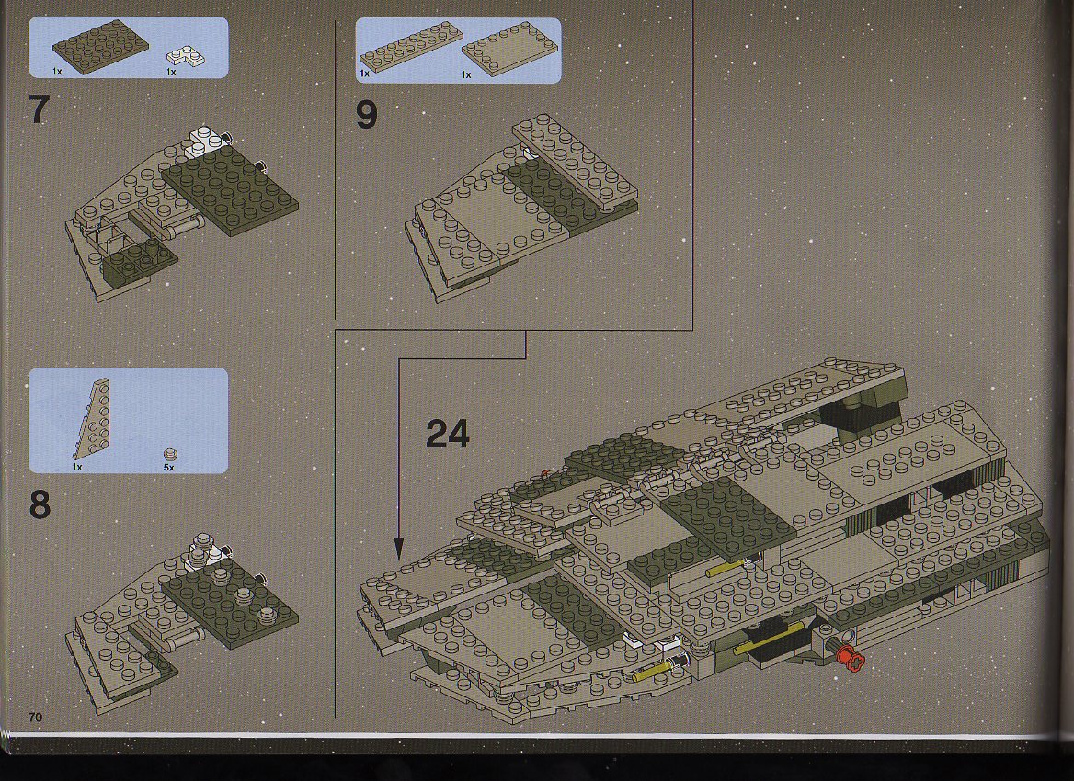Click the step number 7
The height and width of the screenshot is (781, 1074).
click(40, 109)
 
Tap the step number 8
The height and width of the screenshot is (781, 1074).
click(40, 505)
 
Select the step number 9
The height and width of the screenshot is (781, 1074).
click(367, 114)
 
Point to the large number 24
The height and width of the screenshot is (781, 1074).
click(448, 433)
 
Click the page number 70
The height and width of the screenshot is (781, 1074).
click(36, 717)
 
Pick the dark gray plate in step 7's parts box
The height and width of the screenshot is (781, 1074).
click(101, 44)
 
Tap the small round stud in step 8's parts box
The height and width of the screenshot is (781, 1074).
click(169, 455)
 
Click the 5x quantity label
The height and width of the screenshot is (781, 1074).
click(168, 468)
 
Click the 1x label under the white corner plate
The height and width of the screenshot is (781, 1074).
click(171, 72)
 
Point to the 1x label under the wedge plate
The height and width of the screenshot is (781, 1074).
click(77, 468)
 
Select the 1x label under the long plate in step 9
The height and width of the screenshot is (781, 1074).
click(364, 74)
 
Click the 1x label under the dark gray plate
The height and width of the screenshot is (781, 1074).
click(58, 71)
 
